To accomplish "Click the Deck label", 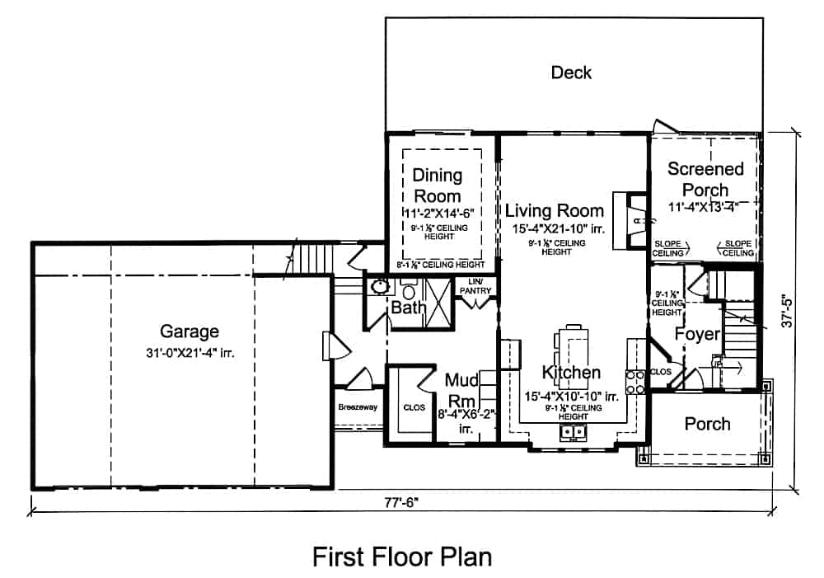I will pyautogui.click(x=571, y=73).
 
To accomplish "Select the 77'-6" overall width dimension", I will pyautogui.click(x=401, y=502).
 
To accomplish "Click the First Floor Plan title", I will pyautogui.click(x=401, y=557).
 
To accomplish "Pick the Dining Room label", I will pyautogui.click(x=438, y=186).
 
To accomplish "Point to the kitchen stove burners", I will pyautogui.click(x=635, y=383).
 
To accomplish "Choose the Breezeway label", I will pyautogui.click(x=357, y=407).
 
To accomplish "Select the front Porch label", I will pyautogui.click(x=707, y=424).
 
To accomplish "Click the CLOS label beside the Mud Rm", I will pyautogui.click(x=413, y=406).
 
